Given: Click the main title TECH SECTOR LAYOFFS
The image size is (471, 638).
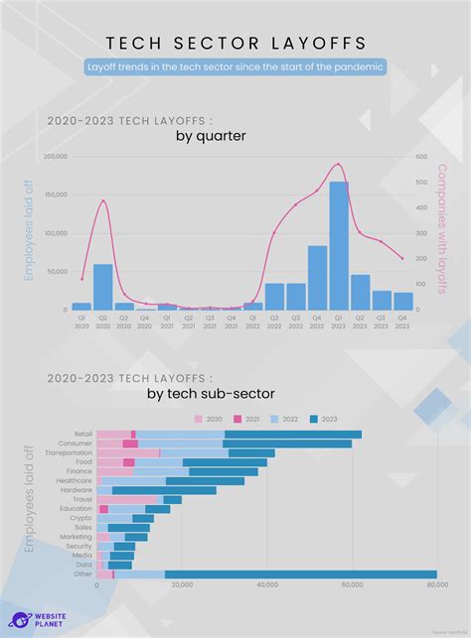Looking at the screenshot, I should [x=235, y=43].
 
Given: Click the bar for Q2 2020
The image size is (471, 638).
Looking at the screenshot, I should [x=102, y=287].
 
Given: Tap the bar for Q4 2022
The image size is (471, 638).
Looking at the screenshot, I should [x=318, y=277].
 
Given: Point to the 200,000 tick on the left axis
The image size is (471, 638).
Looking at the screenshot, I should [x=55, y=157].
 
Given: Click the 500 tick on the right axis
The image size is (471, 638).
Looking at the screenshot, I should [x=421, y=157].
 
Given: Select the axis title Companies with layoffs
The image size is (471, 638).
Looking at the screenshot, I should [x=443, y=228].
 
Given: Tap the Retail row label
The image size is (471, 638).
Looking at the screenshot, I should [x=82, y=434].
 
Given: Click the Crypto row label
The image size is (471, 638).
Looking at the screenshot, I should [x=80, y=518].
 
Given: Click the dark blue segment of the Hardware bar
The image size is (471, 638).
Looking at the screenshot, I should [x=164, y=490].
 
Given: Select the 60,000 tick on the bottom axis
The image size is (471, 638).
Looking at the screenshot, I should [x=352, y=585].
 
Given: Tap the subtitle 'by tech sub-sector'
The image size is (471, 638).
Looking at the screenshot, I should [x=211, y=394].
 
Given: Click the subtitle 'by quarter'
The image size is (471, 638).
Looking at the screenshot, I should [x=211, y=136].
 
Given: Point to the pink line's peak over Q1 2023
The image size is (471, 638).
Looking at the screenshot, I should [x=339, y=165].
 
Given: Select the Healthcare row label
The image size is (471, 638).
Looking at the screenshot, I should [x=77, y=480].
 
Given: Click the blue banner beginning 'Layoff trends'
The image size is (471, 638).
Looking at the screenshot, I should [x=235, y=66].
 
